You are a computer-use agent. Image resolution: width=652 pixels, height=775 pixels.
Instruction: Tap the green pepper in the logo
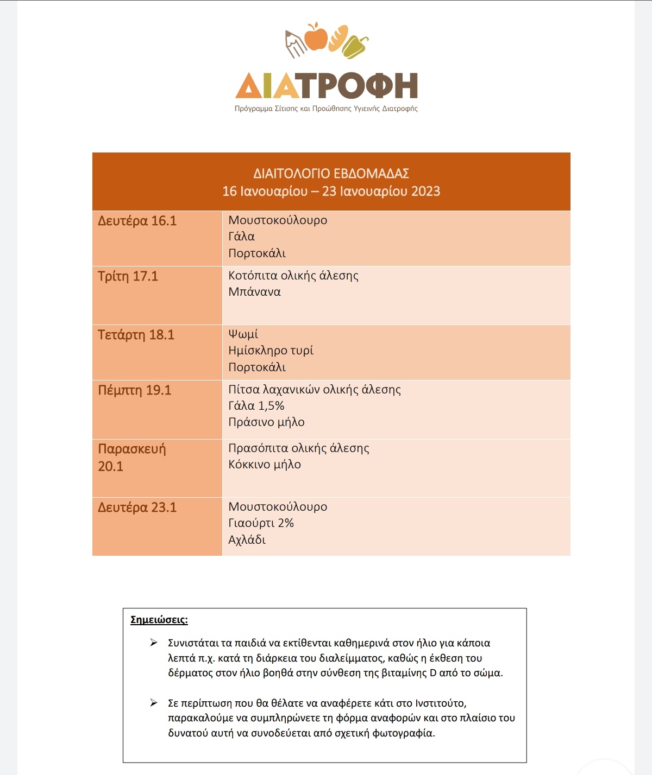[355, 46]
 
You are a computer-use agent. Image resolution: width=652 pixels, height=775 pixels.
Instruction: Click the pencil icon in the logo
[295, 43]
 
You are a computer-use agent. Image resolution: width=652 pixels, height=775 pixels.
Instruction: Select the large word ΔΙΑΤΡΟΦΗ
[327, 86]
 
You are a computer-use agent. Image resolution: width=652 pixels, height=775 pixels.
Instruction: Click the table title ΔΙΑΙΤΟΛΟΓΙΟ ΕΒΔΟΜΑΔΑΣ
[331, 174]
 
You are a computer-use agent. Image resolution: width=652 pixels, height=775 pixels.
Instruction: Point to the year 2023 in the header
[425, 191]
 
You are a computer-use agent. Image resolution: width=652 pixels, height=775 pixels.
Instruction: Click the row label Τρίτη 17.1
[128, 276]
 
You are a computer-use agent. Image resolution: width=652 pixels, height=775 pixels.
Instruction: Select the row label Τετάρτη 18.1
[136, 335]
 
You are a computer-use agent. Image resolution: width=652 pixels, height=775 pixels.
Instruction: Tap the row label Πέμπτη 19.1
[134, 390]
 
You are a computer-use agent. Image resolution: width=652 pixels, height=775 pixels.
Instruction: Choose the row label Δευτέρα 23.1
[137, 507]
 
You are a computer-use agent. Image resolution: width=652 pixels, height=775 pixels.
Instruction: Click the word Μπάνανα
[254, 292]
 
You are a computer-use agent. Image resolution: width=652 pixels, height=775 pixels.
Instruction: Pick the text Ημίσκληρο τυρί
[271, 351]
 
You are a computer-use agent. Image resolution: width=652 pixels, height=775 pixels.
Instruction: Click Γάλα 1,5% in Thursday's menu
[256, 406]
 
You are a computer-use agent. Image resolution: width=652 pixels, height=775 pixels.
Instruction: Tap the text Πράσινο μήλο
[266, 422]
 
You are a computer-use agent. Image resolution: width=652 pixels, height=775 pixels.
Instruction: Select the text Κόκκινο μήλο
[264, 465]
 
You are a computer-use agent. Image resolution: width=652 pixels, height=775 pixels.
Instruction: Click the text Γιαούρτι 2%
[261, 523]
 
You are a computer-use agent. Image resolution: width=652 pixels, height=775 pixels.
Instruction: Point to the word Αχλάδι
[247, 540]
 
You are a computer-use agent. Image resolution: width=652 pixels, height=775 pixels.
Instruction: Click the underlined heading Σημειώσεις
[159, 620]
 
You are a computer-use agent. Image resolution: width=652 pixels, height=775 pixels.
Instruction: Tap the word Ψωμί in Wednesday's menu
[243, 334]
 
